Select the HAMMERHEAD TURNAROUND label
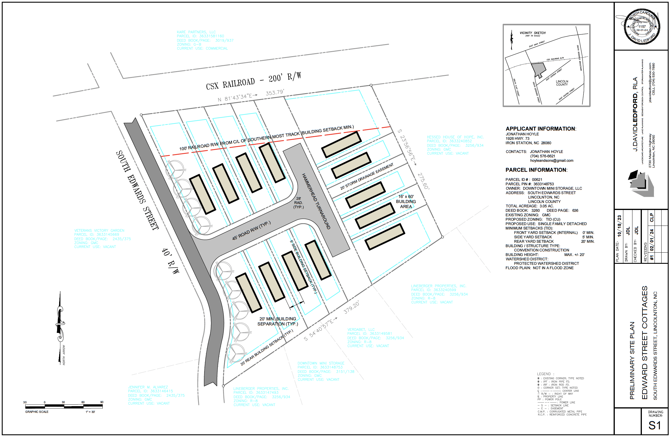coord(316,201)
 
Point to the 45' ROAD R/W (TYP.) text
coord(251,231)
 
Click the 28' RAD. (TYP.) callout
coord(298,203)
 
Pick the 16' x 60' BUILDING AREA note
coord(406,201)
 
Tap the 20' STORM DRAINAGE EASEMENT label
coord(367,176)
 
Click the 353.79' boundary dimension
coord(275,93)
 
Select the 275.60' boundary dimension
coord(423,181)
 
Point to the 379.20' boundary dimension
coord(351,308)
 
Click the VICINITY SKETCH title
coord(532,33)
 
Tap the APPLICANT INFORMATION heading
coord(541,129)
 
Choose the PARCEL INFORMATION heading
coord(536,170)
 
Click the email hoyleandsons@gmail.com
coord(552,161)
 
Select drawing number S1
coord(655,425)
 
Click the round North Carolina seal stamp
coord(642,27)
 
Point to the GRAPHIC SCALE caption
coord(37,412)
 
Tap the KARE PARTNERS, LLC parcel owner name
coord(196,32)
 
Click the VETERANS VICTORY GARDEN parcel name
coord(99,231)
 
